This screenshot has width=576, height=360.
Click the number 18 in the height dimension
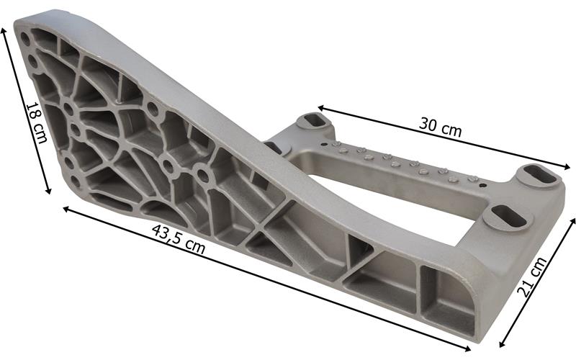click(32, 112)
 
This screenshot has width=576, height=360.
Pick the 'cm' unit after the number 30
click(451, 130)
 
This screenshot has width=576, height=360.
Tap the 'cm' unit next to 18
click(41, 132)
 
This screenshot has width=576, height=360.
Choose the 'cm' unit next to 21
click(539, 266)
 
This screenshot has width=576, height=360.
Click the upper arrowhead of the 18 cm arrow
click(4, 30)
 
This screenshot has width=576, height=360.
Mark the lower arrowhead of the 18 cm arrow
click(48, 190)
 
